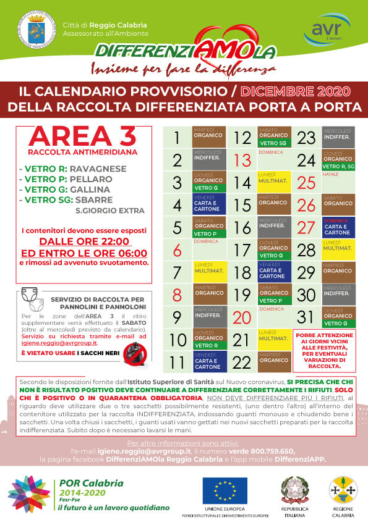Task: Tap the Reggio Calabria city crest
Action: [x=30, y=30]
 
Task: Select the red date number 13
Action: [x=242, y=161]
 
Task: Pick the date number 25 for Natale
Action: [x=306, y=183]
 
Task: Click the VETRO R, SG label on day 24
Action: [x=337, y=166]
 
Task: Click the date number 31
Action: [x=306, y=316]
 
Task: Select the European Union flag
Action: [x=225, y=490]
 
